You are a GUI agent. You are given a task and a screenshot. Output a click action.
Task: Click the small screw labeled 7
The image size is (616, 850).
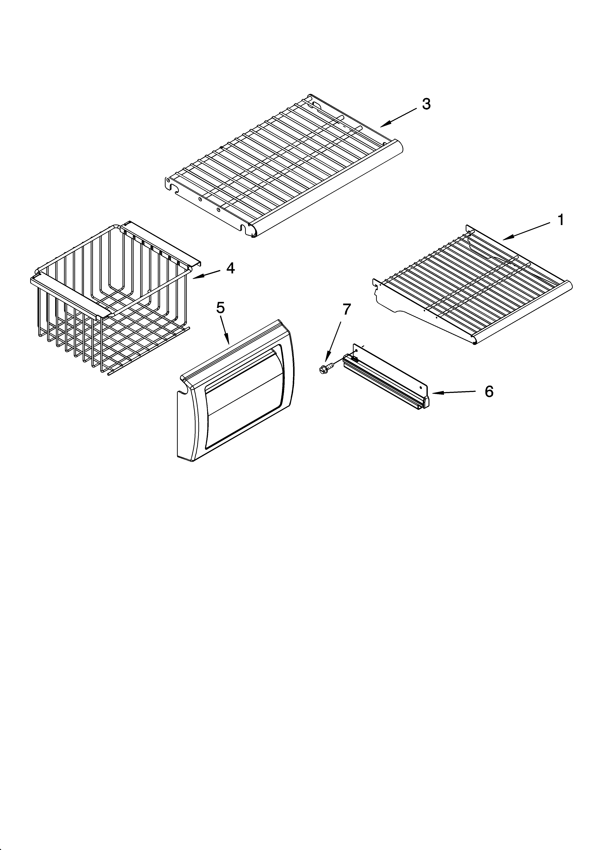(x=323, y=369)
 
